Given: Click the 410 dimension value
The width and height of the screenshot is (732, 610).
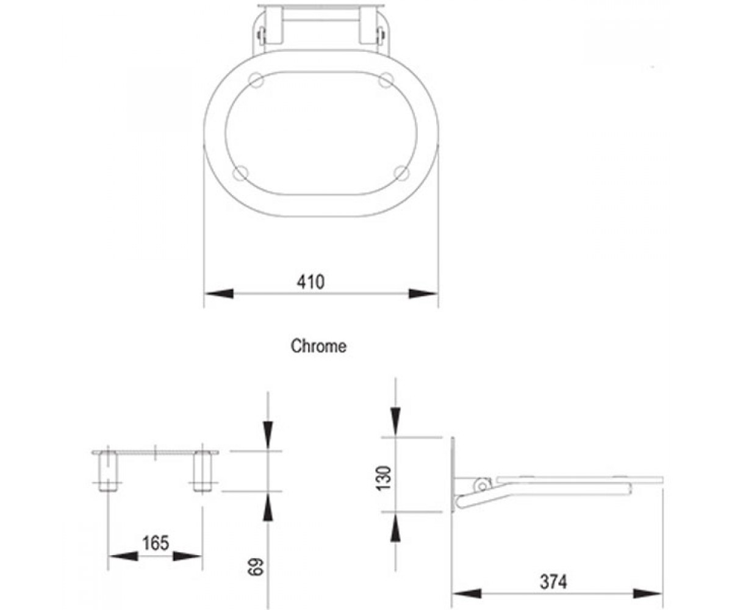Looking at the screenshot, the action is (x=310, y=282).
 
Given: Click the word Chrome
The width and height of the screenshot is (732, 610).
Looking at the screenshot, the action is (x=318, y=346).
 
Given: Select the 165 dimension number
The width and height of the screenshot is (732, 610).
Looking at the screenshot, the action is (x=156, y=543).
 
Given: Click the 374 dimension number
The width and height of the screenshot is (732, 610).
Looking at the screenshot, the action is (x=553, y=581).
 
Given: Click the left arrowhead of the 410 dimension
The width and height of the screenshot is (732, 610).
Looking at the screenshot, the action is (x=219, y=293).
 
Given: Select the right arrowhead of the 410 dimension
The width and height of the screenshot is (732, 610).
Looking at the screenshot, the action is (x=423, y=293).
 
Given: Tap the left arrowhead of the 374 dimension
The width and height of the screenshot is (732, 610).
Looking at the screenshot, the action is (x=467, y=594).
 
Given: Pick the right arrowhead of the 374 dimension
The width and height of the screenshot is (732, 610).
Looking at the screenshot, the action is (x=647, y=594).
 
